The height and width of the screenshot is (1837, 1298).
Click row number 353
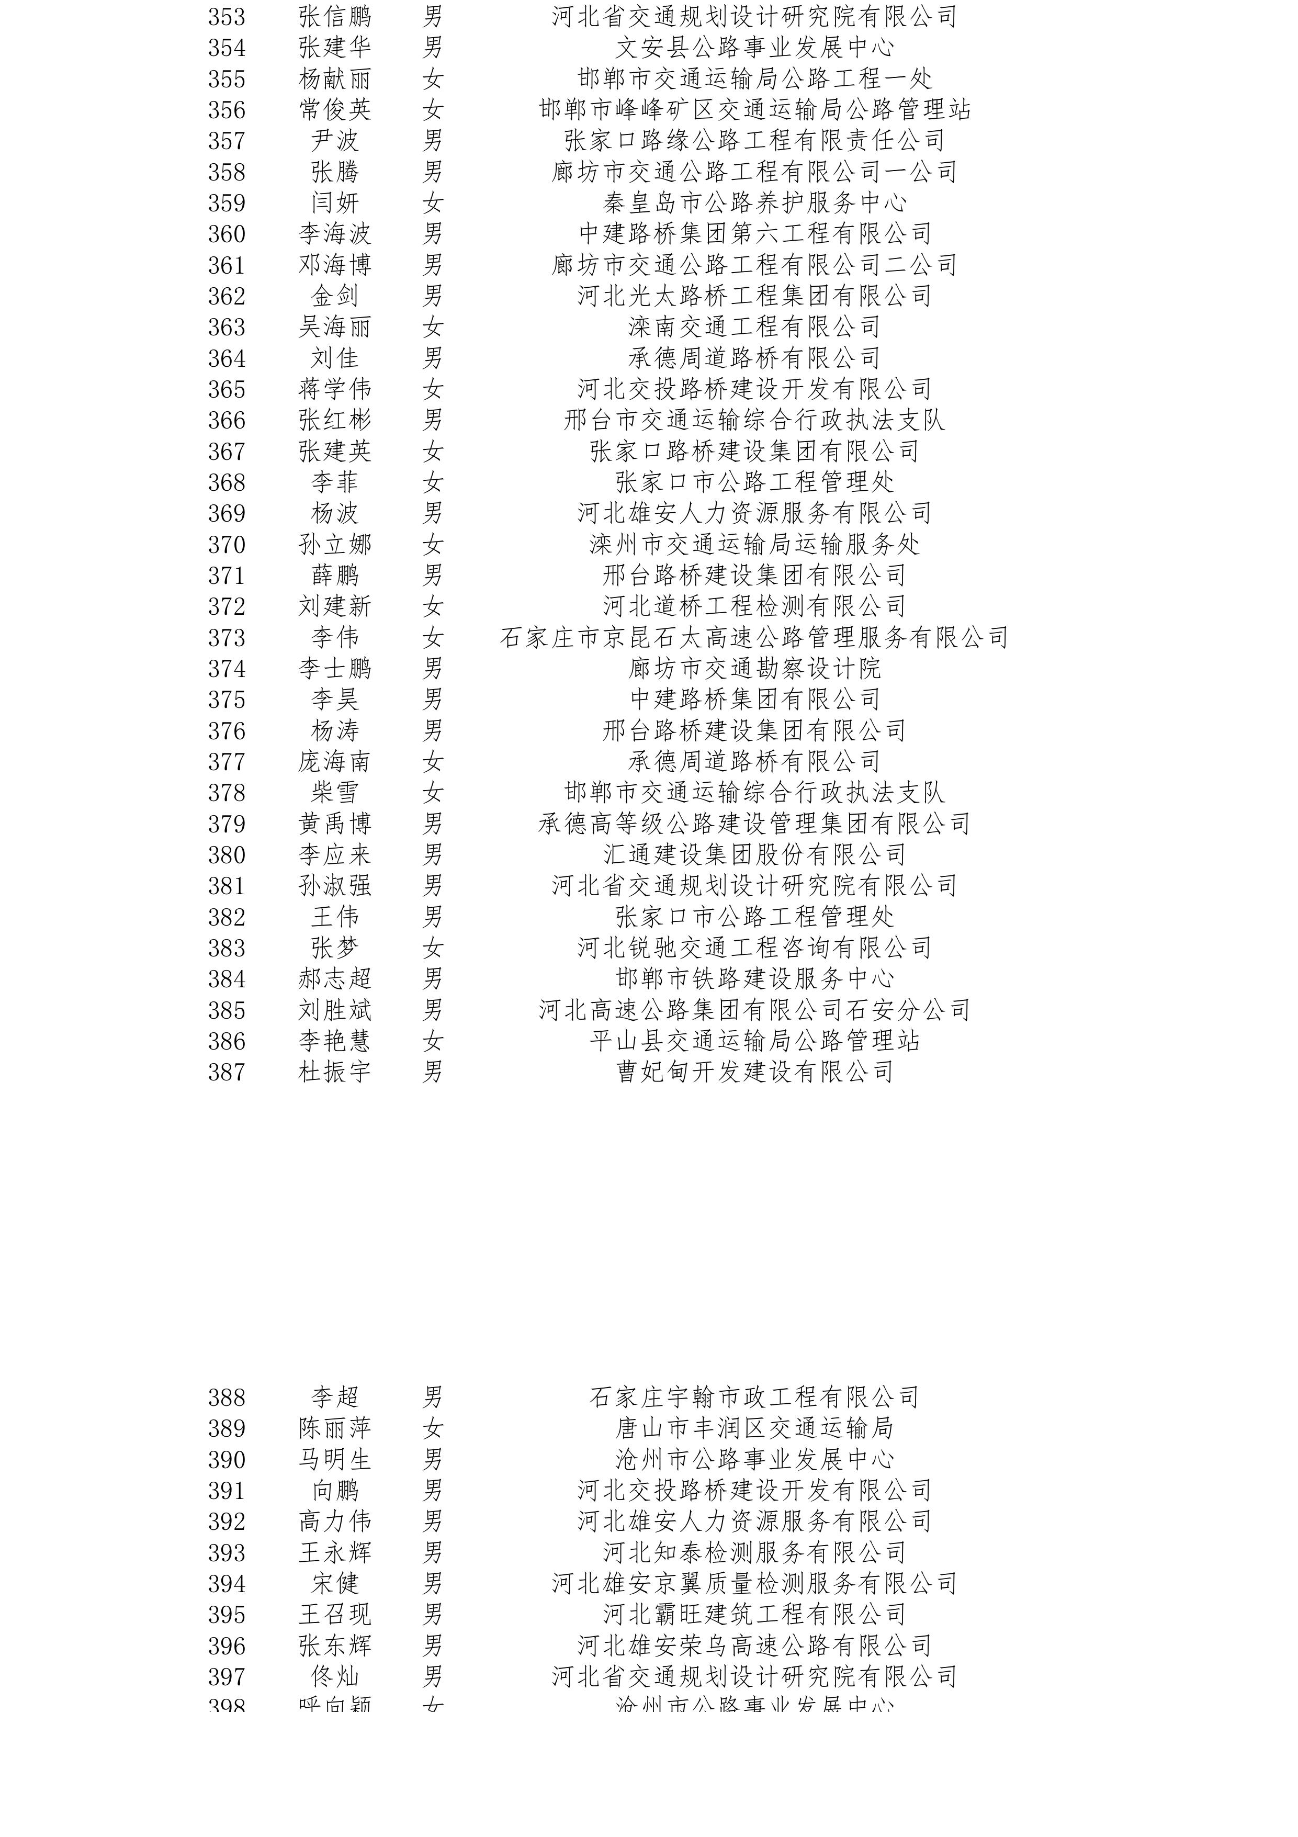coord(227,17)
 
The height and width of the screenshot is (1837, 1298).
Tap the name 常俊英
coord(334,109)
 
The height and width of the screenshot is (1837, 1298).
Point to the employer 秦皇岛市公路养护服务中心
coord(754,203)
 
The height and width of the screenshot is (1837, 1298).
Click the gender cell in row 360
coord(433,234)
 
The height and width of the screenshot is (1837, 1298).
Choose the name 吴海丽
coord(334,327)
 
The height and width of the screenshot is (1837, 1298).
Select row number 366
coord(227,420)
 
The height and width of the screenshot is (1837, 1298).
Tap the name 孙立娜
coord(334,545)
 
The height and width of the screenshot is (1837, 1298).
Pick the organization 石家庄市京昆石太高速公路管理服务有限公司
coord(754,638)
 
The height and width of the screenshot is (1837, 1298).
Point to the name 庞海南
coord(334,762)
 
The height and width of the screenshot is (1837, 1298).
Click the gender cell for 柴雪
coord(433,793)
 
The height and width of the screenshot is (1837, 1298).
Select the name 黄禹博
coord(334,824)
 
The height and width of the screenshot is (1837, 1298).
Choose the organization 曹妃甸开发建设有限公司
coord(754,1072)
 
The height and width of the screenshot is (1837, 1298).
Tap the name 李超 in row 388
coord(334,1398)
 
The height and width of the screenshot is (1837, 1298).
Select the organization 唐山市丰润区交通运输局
coord(754,1428)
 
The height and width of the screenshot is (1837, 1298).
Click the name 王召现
coord(334,1615)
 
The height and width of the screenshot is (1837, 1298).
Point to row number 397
coord(227,1677)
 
